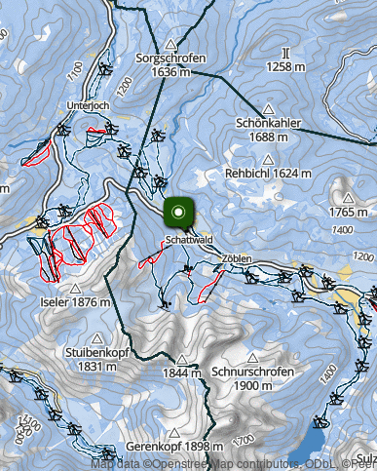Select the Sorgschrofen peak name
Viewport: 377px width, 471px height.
click(171, 59)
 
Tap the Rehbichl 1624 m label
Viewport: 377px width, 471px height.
click(268, 173)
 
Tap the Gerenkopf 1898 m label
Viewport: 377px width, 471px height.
click(168, 447)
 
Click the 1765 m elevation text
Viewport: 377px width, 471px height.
click(353, 211)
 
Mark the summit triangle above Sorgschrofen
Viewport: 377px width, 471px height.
click(171, 44)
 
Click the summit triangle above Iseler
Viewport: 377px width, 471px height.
click(75, 289)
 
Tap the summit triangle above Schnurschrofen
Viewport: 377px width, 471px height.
click(251, 359)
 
